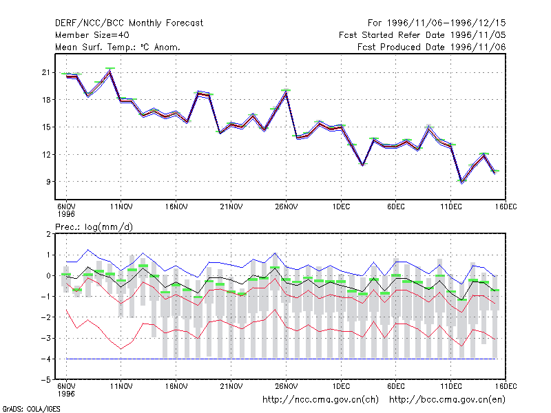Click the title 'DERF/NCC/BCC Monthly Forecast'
129,23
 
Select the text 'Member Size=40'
92,35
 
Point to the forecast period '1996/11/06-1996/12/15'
446,23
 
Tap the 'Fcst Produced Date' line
432,47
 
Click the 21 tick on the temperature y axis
46,72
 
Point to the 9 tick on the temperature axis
48,182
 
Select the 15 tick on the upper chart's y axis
46,127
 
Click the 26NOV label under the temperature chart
286,206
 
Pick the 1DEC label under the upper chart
341,206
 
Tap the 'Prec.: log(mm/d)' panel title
94,227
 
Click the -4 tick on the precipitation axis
45,359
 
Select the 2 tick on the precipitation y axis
48,234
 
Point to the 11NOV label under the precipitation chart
121,386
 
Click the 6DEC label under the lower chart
395,386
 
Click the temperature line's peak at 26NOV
287,92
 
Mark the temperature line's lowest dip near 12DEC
461,182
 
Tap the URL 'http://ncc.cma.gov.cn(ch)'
320,400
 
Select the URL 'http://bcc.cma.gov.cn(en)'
447,400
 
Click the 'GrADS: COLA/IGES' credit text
31,409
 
